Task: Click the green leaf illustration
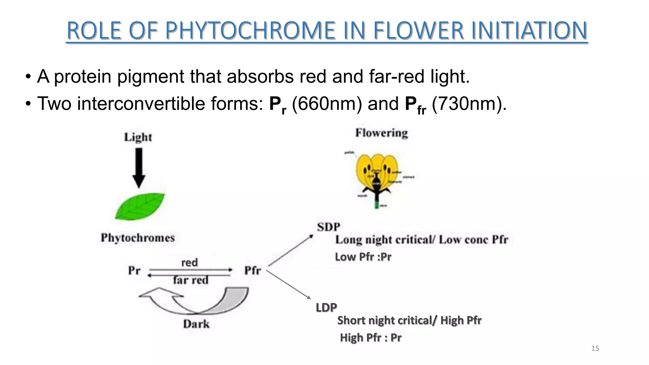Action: tap(140, 207)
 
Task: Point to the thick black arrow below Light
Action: tap(138, 168)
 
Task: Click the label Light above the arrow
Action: tap(138, 137)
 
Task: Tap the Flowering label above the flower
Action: tap(381, 133)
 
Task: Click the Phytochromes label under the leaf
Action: tap(138, 238)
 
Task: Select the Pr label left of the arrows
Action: tap(134, 271)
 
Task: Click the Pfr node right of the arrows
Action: tap(252, 271)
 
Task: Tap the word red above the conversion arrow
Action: tap(189, 262)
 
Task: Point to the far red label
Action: tap(190, 280)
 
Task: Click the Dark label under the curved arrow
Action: tap(196, 324)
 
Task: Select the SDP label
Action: tap(328, 227)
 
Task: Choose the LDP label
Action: tap(326, 307)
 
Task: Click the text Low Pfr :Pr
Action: tap(363, 257)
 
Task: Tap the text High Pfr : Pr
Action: tap(370, 337)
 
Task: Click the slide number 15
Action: tap(595, 349)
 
